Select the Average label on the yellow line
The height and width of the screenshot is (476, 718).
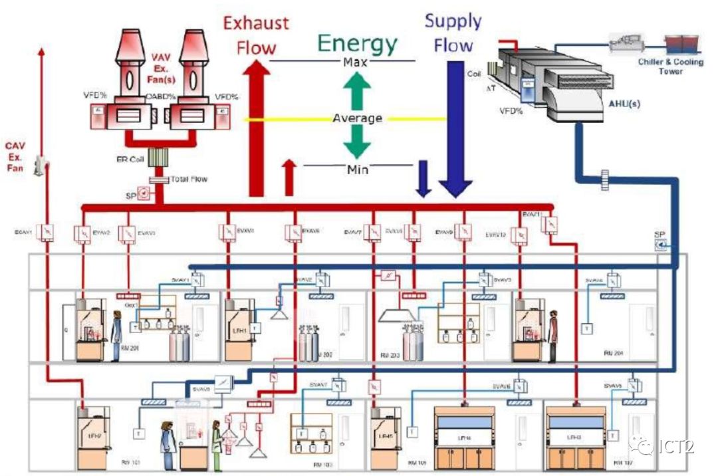coord(358,118)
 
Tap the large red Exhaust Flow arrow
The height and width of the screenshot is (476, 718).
coord(257,126)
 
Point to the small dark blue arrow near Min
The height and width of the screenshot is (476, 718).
coord(423,179)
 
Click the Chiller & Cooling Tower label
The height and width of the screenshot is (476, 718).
coord(670,66)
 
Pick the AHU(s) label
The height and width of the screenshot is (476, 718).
coord(625,104)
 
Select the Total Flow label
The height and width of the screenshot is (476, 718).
coord(189,179)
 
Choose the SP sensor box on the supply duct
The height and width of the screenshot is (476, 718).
coord(660,245)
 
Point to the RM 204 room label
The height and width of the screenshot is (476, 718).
coord(613,352)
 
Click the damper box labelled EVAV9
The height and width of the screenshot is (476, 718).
coord(465,232)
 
